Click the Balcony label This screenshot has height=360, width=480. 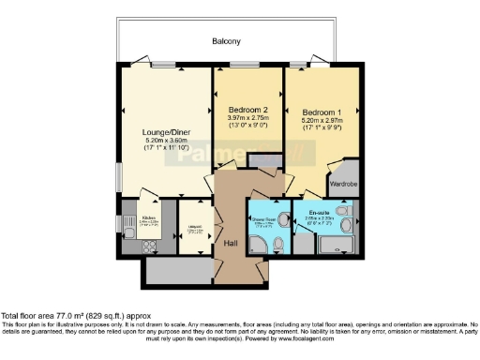226,41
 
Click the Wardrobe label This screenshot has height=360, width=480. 343,184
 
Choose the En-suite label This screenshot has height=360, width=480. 320,213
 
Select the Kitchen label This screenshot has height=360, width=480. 148,217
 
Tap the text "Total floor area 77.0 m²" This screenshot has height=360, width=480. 47,317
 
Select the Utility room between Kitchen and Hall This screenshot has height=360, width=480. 193,229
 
